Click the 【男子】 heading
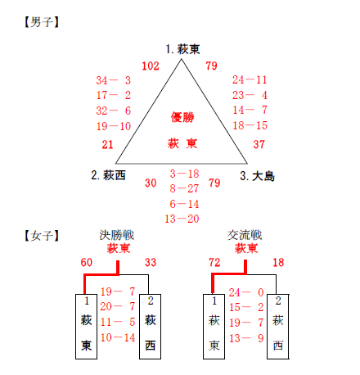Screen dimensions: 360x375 tap(42, 22)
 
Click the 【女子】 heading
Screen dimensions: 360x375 tap(42, 236)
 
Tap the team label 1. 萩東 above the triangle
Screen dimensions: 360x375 tap(183, 49)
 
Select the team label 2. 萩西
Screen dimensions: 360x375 tap(109, 175)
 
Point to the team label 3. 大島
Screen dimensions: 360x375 tap(257, 176)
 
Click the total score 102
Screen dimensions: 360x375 tap(151, 66)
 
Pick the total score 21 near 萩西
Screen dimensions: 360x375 tap(107, 145)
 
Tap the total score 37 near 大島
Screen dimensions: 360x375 tap(259, 144)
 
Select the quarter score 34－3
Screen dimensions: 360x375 tap(114, 80)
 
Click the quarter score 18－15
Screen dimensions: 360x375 tap(250, 125)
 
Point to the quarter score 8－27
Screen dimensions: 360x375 tap(184, 188)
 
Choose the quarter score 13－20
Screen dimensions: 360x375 tap(182, 219)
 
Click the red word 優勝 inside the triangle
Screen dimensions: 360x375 tap(182, 117)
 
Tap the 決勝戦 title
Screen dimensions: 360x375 tap(117, 235)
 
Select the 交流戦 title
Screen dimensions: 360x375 tap(245, 235)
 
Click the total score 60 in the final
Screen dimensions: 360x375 tap(87, 263)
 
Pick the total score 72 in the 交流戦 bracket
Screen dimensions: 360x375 tap(214, 263)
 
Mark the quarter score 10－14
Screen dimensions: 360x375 tap(118, 338)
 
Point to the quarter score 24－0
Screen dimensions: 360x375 tap(246, 292)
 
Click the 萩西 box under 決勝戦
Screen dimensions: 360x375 tap(150, 327)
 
